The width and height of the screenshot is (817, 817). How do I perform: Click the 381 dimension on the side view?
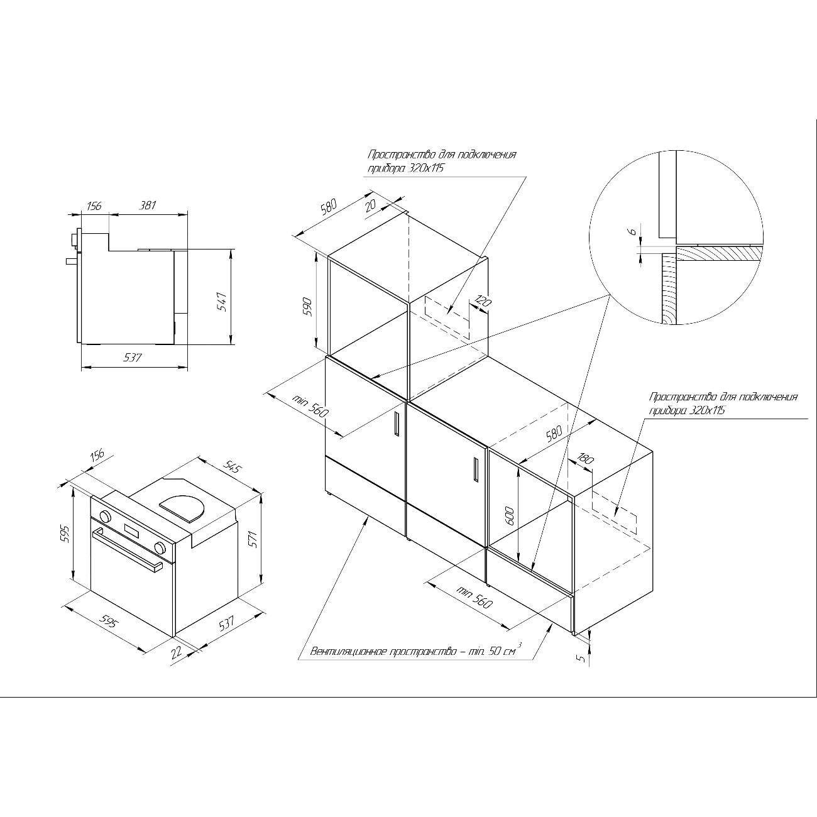[x=148, y=206]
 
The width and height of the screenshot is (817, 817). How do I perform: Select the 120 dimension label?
[x=483, y=302]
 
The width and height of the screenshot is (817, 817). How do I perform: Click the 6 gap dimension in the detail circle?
[x=632, y=231]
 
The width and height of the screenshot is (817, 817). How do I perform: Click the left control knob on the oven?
[x=105, y=517]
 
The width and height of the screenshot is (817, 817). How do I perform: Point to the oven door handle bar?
[x=127, y=551]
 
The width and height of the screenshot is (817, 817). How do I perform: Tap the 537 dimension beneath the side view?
[x=132, y=358]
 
